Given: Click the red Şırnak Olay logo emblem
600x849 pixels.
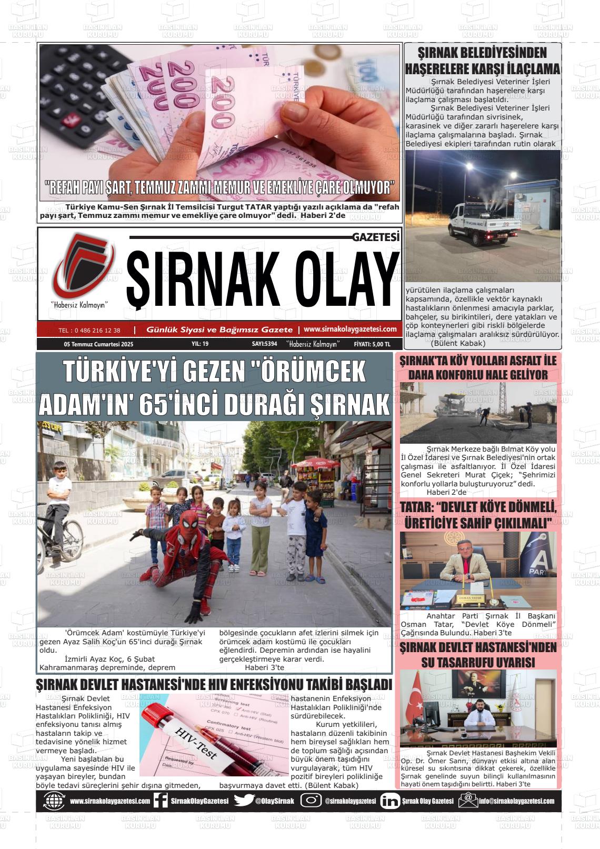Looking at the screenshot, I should click(83, 265).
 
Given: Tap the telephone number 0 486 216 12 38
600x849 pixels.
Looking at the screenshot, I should click(89, 331).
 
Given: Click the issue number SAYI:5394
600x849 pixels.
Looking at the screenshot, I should click(264, 344).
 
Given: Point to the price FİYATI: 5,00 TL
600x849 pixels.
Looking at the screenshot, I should click(372, 344).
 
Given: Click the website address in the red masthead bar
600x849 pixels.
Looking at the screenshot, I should click(350, 329).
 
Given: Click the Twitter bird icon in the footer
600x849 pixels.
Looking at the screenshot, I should click(244, 801).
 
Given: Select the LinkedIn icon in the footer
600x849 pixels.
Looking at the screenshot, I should click(389, 801).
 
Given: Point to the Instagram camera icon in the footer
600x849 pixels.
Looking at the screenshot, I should click(311, 801).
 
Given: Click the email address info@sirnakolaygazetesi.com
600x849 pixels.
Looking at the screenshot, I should click(516, 801).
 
